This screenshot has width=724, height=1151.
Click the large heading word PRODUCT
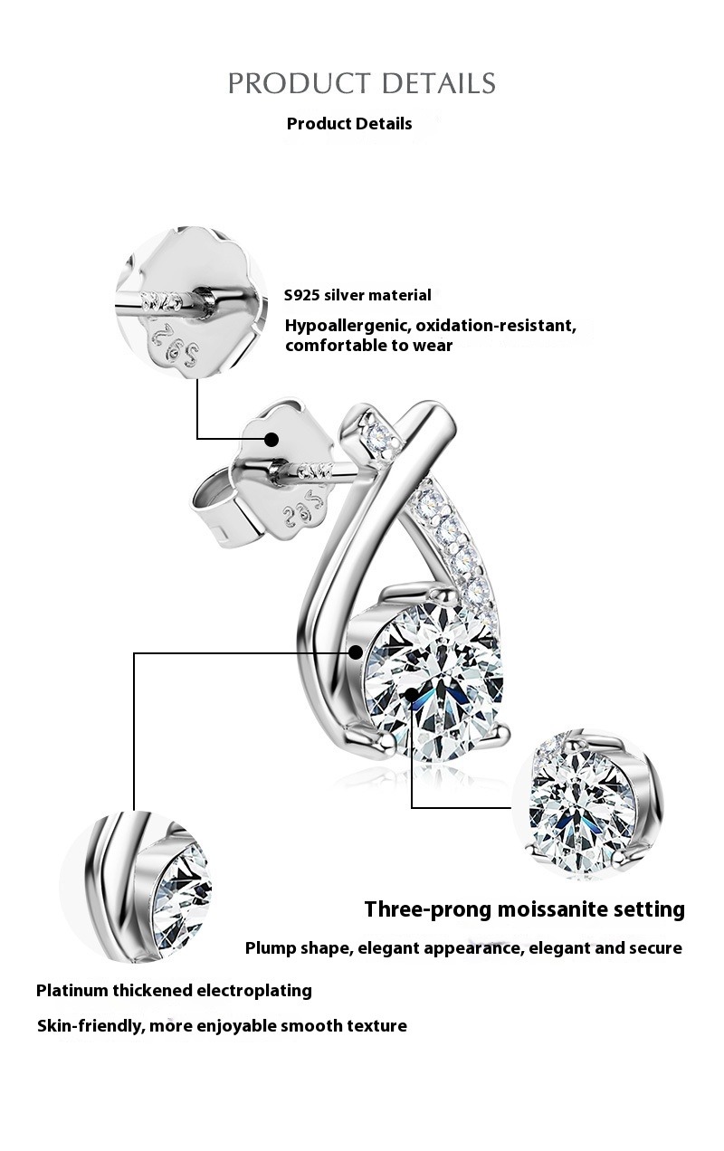click(x=299, y=83)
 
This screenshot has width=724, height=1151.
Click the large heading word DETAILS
click(x=439, y=83)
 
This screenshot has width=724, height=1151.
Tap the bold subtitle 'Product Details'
click(x=349, y=124)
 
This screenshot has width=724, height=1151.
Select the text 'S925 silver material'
click(x=357, y=295)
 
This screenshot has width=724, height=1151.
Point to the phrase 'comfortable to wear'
click(x=369, y=346)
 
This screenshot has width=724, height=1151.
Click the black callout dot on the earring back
click(x=271, y=440)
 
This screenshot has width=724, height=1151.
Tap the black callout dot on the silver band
click(x=356, y=652)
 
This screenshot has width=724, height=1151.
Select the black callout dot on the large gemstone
click(x=412, y=695)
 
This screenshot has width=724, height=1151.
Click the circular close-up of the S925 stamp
click(x=191, y=303)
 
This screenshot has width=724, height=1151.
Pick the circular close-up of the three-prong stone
click(x=588, y=804)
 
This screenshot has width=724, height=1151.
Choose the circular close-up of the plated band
click(x=136, y=888)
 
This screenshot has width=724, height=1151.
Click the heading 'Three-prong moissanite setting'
click(x=525, y=909)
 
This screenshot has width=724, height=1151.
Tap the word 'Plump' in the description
click(x=271, y=948)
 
